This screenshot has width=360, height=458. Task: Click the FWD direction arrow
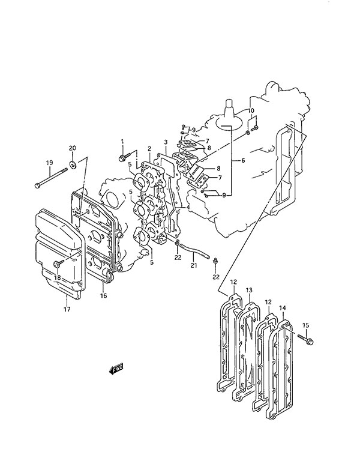click(x=116, y=369)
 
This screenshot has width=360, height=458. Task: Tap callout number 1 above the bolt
click(x=122, y=142)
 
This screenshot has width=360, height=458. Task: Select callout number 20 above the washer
click(x=73, y=148)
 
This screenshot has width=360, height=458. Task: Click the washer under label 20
click(x=73, y=165)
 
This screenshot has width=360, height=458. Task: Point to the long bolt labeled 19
click(x=51, y=177)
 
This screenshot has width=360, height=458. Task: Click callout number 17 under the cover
click(x=67, y=309)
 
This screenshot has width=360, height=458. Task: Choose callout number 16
click(x=104, y=295)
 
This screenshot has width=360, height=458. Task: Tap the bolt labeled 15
click(x=305, y=339)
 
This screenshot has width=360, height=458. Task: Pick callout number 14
click(x=283, y=308)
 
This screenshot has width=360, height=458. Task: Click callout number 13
click(x=249, y=290)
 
